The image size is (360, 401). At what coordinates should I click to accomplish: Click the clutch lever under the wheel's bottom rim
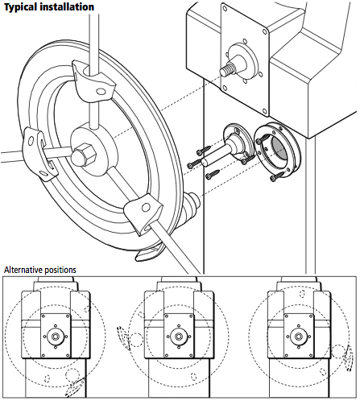(152, 254)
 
